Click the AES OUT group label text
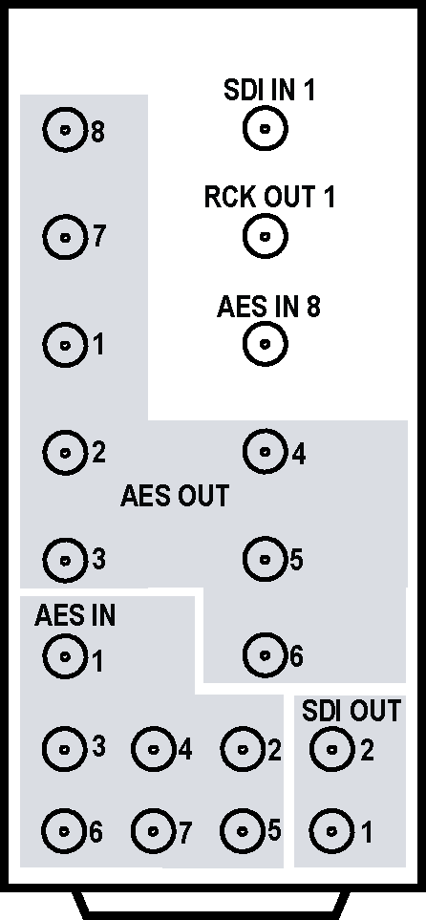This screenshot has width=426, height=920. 174,496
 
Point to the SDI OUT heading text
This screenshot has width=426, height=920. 351,711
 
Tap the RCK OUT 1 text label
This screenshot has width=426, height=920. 269,197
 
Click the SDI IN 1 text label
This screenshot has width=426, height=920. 269,91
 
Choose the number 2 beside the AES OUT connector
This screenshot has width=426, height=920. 98,453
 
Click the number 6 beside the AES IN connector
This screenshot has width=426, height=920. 96,831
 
